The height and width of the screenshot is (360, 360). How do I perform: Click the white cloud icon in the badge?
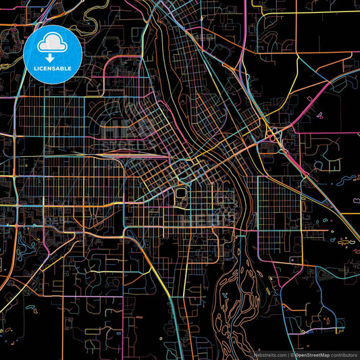[52, 44]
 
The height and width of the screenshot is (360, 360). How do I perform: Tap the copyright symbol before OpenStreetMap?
[291, 354]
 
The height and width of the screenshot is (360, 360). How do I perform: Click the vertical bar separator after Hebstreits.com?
[286, 354]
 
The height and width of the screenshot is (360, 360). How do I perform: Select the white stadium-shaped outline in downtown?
[181, 195]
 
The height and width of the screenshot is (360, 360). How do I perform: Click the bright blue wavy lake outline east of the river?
[347, 180]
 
